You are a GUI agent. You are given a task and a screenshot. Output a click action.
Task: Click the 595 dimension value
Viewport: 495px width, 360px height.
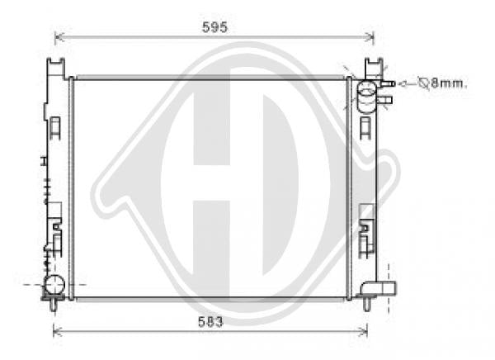click(214, 27)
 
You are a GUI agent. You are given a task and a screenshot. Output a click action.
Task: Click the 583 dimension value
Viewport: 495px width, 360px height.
click(210, 322)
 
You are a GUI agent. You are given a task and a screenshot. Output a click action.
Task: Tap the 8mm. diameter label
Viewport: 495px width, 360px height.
click(449, 83)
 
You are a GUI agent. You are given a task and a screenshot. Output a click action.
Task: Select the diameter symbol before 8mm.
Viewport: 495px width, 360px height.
click(423, 83)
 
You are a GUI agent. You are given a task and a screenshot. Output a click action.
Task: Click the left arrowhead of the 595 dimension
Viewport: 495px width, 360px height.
click(59, 37)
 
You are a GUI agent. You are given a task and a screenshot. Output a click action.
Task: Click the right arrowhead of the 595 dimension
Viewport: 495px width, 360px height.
click(370, 37)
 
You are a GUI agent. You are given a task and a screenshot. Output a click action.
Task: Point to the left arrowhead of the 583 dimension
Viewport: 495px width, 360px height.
click(57, 332)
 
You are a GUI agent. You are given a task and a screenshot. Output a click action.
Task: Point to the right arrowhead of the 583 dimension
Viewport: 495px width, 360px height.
click(364, 332)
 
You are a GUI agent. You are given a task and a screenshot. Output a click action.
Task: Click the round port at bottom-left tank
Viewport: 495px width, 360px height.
click(54, 284)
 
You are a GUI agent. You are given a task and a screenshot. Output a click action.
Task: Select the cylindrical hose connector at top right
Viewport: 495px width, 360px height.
click(366, 97)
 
